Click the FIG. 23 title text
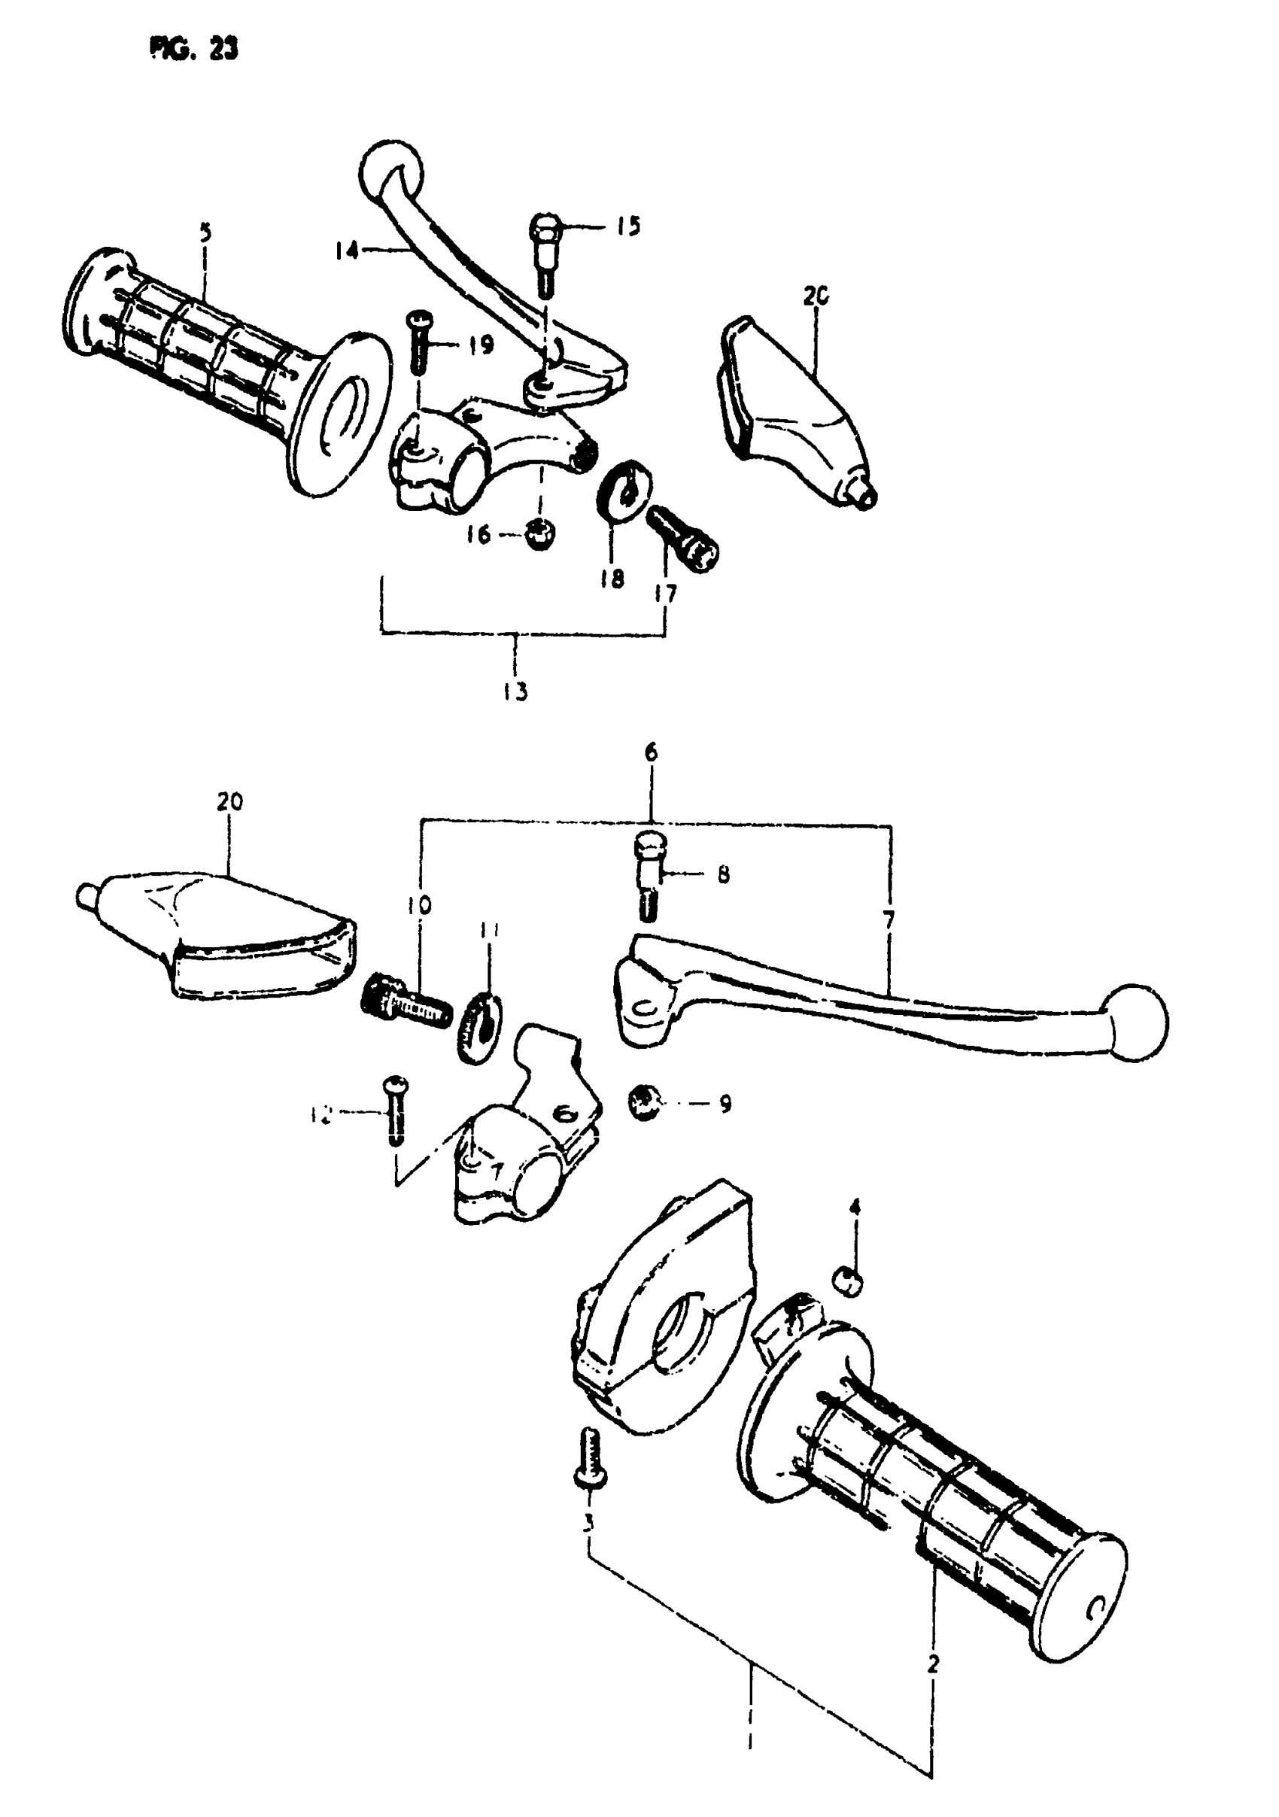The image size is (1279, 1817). click(193, 49)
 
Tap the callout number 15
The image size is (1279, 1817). click(627, 226)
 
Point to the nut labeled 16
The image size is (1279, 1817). click(539, 535)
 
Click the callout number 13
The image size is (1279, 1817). click(515, 691)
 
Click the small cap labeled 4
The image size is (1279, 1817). click(847, 1280)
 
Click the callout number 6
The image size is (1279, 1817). click(651, 752)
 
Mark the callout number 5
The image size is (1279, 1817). click(206, 233)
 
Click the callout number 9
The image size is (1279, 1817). click(725, 1103)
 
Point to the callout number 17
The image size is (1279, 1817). click(667, 594)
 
